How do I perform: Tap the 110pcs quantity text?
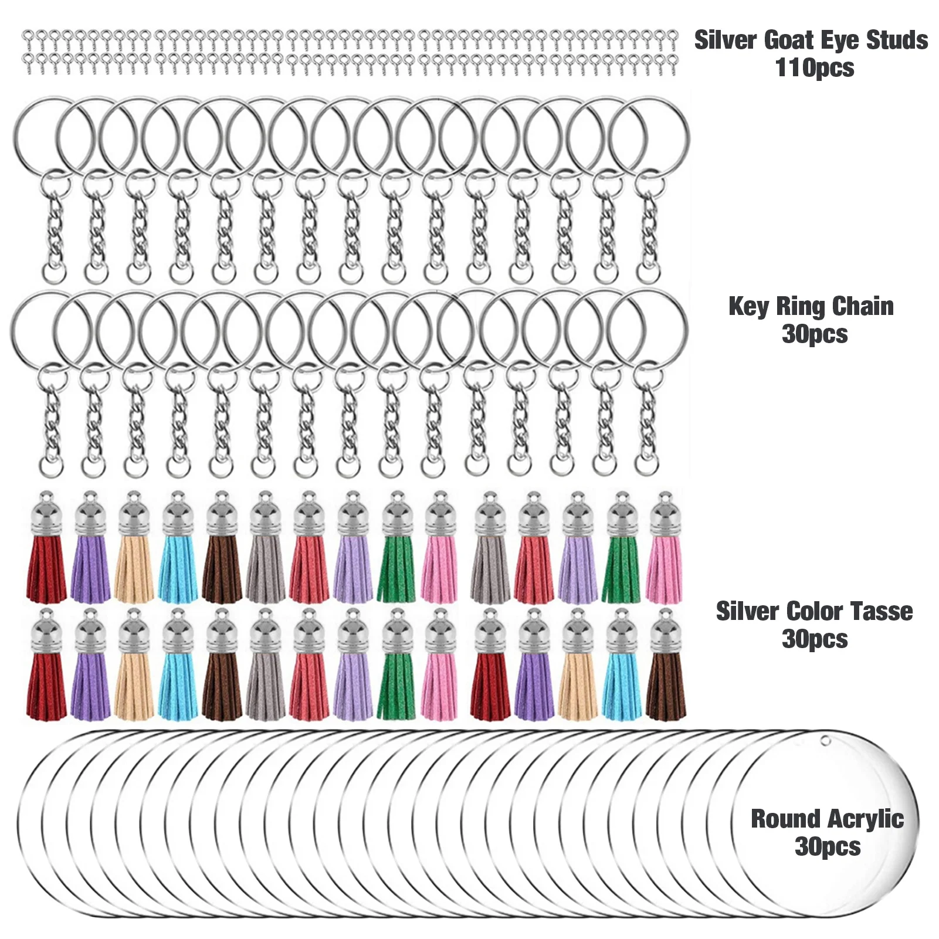coord(814,68)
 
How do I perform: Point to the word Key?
coord(748,307)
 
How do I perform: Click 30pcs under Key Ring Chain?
coord(814,334)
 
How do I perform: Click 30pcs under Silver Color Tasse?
coord(814,639)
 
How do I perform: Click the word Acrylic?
coord(866,820)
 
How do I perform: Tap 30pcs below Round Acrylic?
coord(827,847)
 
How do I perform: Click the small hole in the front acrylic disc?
coord(826,741)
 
